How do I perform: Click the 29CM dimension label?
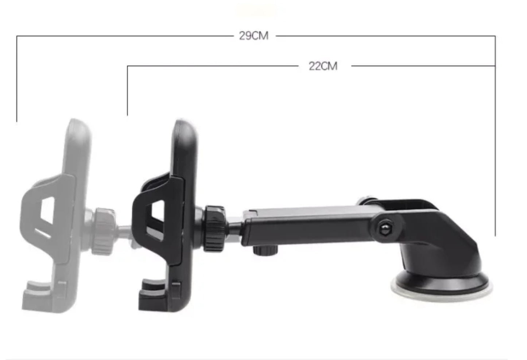(x=254, y=36)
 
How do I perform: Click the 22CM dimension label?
(x=323, y=66)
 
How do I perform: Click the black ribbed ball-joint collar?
(x=214, y=228)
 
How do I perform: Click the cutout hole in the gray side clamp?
(x=48, y=211)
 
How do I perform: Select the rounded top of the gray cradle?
(x=78, y=126)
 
